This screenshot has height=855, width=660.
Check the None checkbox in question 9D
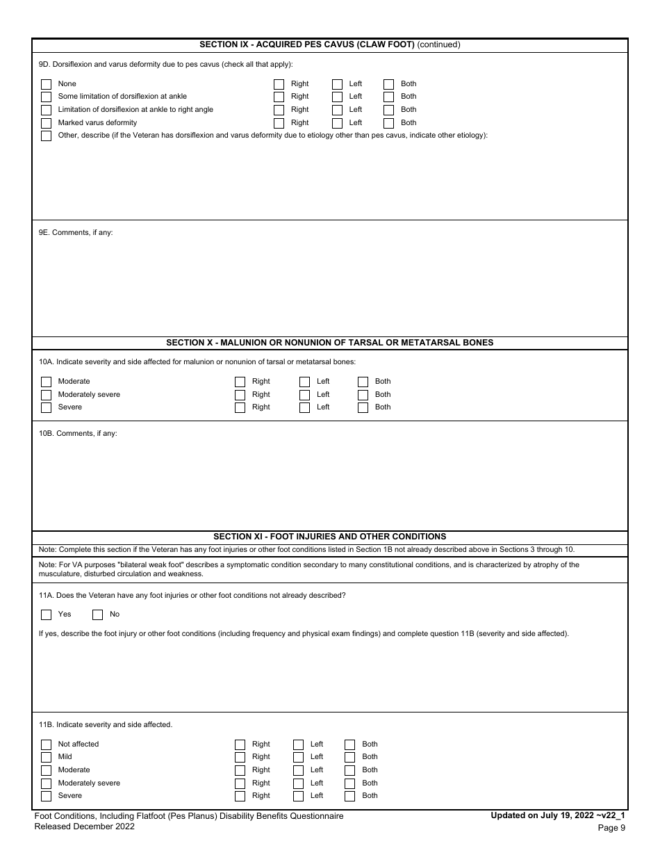click(x=46, y=84)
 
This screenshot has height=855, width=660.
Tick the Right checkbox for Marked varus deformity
click(x=279, y=123)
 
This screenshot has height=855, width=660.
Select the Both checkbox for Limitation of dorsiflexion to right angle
click(x=388, y=110)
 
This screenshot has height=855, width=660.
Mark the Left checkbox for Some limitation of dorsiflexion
click(x=337, y=97)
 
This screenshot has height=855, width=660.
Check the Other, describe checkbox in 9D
click(x=46, y=136)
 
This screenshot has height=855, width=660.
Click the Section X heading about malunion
click(x=330, y=343)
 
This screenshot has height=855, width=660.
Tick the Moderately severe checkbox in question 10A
click(x=46, y=395)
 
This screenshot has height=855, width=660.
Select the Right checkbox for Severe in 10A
click(x=240, y=407)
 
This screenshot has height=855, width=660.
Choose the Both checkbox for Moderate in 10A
click(x=363, y=382)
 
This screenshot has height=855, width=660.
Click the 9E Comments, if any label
click(x=76, y=233)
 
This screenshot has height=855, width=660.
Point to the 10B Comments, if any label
click(x=78, y=434)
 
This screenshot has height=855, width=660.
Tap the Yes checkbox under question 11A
click(x=46, y=614)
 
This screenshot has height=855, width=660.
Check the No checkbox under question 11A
click(x=98, y=614)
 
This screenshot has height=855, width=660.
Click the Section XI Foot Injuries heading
click(x=330, y=537)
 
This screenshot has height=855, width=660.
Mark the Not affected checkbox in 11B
click(x=46, y=744)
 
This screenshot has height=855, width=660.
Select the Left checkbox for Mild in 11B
click(x=298, y=757)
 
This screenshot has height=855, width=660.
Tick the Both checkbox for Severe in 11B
click(x=349, y=796)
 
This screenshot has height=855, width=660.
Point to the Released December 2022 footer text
click(x=84, y=826)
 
